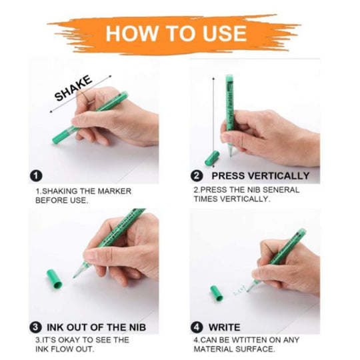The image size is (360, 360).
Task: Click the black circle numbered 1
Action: (x=36, y=176)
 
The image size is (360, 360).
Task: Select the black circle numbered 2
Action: (x=197, y=176)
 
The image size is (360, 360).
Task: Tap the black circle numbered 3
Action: (x=36, y=327)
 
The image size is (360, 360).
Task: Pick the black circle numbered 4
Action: (x=197, y=327)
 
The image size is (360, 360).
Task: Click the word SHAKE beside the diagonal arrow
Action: (x=73, y=89)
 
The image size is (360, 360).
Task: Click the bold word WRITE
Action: (x=224, y=327)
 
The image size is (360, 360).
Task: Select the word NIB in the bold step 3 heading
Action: (x=137, y=327)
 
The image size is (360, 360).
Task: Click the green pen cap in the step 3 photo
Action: (x=55, y=279)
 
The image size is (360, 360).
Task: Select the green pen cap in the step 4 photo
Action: (x=217, y=293)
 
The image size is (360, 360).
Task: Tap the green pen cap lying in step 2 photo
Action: (x=212, y=158)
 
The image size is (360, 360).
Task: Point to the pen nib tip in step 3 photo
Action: (x=74, y=277)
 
